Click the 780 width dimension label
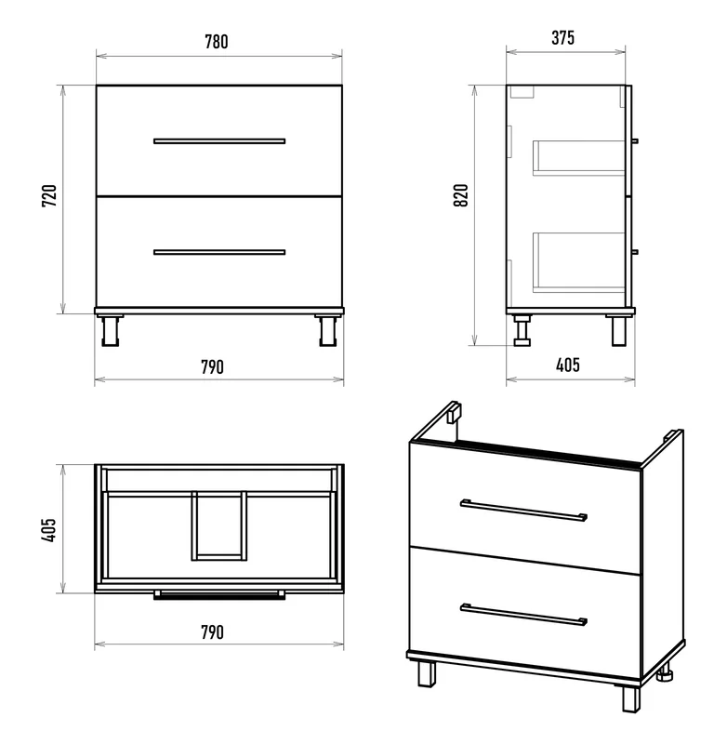(217, 42)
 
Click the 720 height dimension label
(49, 195)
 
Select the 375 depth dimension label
(563, 37)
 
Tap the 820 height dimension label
(461, 195)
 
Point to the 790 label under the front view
(212, 366)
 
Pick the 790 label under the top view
(212, 632)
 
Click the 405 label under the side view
(568, 365)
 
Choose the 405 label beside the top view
(49, 529)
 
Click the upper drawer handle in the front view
(219, 141)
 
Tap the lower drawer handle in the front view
(219, 252)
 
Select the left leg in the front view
(110, 330)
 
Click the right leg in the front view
(327, 330)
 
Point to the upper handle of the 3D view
(523, 510)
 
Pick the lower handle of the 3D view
(523, 615)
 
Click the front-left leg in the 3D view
(427, 673)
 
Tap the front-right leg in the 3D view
(631, 699)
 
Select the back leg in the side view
(522, 330)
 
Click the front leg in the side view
(619, 330)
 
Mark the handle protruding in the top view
(219, 595)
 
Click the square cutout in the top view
(219, 525)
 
